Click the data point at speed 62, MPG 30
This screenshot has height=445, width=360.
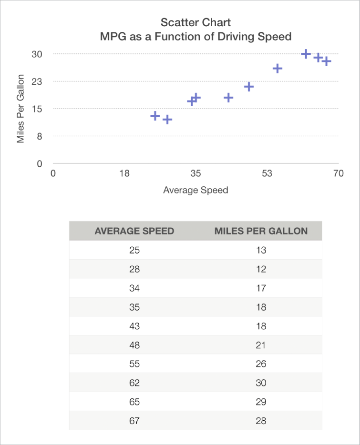306,54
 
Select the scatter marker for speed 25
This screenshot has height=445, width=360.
155,116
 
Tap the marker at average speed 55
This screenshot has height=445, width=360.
278,69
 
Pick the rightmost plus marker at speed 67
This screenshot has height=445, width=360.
326,61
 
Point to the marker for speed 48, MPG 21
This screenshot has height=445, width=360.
248,87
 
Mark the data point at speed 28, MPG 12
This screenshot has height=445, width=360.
167,120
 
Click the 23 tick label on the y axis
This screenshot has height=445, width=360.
37,81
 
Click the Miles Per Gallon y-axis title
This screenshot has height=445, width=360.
21,109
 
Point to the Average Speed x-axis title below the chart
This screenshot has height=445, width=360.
195,190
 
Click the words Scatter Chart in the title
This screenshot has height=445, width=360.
195,22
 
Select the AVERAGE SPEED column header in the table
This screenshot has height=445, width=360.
134,231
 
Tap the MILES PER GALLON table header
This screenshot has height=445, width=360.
261,231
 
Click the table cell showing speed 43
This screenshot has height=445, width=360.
134,326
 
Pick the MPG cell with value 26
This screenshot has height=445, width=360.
261,364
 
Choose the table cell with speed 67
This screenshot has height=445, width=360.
134,421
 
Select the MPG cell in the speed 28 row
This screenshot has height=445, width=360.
261,269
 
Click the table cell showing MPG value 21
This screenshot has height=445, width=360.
261,345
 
